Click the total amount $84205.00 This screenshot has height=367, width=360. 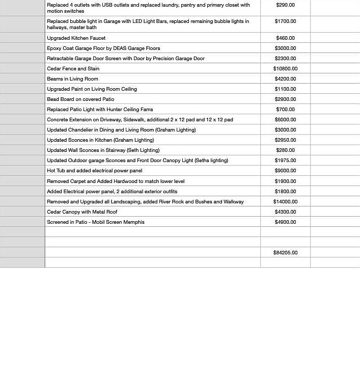[285, 252]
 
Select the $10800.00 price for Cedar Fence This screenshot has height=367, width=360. [285, 68]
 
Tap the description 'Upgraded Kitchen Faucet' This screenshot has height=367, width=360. [76, 38]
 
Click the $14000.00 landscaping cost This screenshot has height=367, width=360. [285, 201]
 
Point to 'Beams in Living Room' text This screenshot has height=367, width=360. [72, 78]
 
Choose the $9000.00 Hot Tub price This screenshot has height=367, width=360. [285, 171]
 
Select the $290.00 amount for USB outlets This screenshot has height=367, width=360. [285, 5]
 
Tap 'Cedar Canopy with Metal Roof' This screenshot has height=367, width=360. [82, 212]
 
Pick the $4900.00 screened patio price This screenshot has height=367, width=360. [285, 222]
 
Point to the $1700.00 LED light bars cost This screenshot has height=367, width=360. [285, 21]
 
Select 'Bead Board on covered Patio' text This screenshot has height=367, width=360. [80, 99]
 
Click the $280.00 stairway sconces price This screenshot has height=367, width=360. [285, 150]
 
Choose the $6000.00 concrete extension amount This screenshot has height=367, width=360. [285, 119]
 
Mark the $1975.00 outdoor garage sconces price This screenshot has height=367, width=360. [285, 160]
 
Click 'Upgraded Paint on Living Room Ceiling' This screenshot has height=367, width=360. [92, 89]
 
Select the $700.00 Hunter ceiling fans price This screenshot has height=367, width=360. [285, 109]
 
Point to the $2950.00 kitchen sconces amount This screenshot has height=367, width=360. [285, 140]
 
